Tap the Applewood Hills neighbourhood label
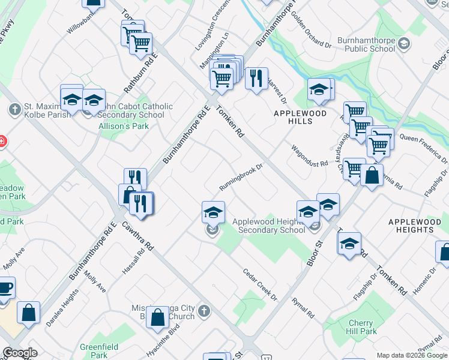[300, 117]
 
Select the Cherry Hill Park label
[362, 328]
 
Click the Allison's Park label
[124, 126]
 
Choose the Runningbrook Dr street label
[241, 178]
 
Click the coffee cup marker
[4, 288]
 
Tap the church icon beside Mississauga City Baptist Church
[203, 311]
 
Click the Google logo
[19, 353]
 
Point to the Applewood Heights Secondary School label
[271, 226]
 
